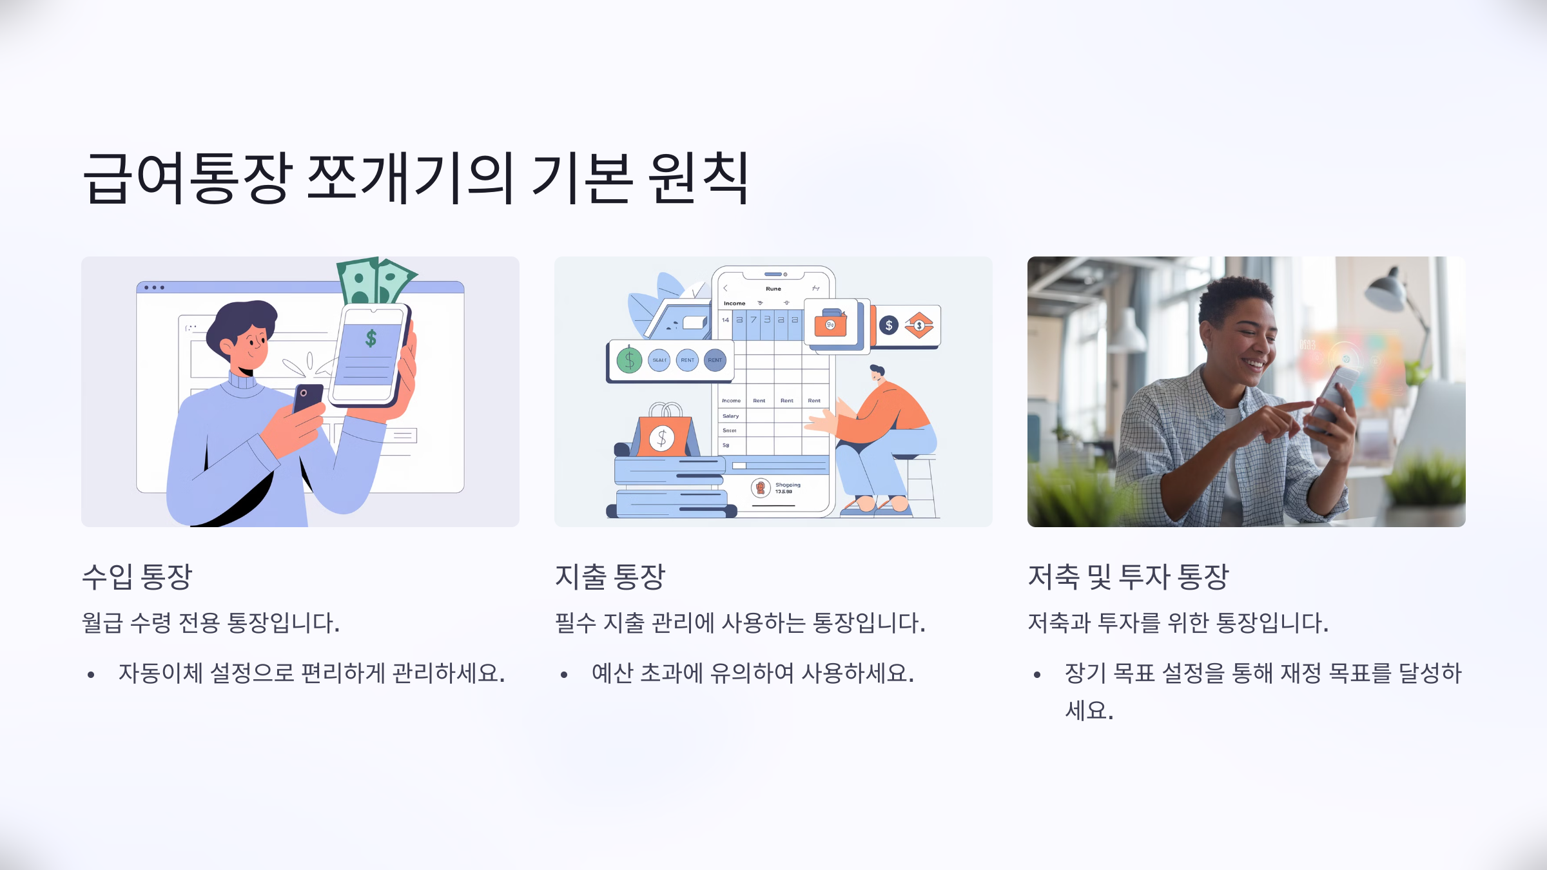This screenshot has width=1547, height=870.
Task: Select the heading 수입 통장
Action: tap(137, 576)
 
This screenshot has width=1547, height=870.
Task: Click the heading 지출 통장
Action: tap(610, 576)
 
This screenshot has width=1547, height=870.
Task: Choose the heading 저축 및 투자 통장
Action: tap(1128, 576)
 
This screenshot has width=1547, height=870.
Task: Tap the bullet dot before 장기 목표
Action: tap(1037, 675)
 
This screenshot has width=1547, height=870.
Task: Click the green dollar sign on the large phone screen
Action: tap(371, 338)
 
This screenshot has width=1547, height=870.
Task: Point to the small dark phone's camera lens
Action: tap(304, 392)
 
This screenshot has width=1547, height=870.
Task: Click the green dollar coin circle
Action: tap(629, 360)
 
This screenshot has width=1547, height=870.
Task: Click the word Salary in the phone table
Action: tap(730, 416)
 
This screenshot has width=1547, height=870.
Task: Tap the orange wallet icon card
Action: tap(831, 324)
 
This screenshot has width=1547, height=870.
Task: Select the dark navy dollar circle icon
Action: tap(889, 325)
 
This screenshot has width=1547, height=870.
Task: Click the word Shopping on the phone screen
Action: tap(788, 485)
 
